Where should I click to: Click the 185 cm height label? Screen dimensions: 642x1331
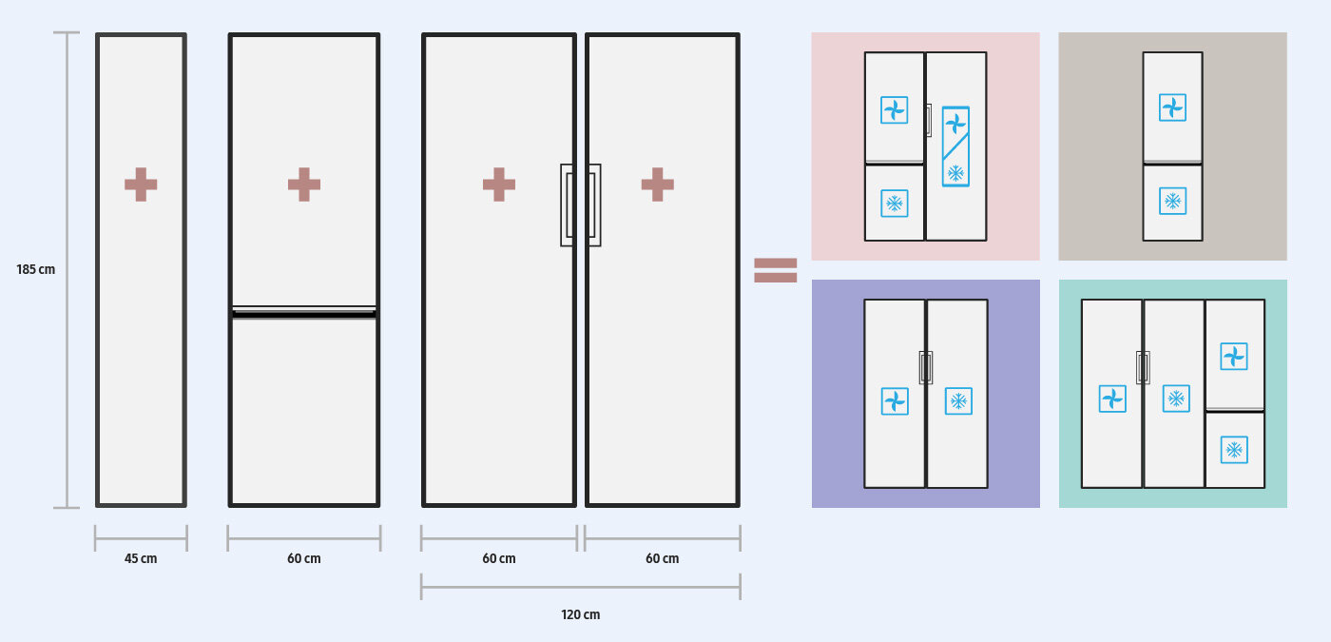[x=36, y=270]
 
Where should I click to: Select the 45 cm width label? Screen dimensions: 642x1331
[x=141, y=558]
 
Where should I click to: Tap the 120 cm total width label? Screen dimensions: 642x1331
[x=580, y=614]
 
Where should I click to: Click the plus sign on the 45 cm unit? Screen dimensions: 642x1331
[x=141, y=185]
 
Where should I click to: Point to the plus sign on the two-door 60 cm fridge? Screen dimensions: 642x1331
[x=304, y=185]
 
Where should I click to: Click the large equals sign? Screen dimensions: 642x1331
[x=775, y=270]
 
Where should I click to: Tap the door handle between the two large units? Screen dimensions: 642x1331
[x=581, y=204]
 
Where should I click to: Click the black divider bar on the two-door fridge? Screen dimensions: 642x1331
[x=304, y=312]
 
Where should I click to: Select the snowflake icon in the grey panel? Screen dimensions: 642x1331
[x=1172, y=202]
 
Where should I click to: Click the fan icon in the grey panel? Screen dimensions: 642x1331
[x=1172, y=107]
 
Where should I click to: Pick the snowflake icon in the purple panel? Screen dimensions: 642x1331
[x=958, y=401]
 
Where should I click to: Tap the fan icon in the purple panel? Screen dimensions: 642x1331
[x=895, y=401]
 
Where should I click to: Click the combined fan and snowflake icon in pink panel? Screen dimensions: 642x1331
[x=955, y=146]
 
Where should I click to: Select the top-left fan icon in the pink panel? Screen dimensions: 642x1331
[x=894, y=110]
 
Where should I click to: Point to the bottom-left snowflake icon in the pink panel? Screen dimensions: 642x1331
[x=894, y=203]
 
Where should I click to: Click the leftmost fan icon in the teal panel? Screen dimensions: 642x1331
[x=1112, y=399]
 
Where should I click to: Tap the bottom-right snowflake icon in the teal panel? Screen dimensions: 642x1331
[x=1234, y=450]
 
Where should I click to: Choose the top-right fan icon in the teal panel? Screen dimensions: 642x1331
[x=1234, y=357]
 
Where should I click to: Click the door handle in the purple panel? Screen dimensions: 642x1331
[x=926, y=367]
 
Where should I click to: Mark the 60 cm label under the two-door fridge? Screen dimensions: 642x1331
[x=304, y=558]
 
